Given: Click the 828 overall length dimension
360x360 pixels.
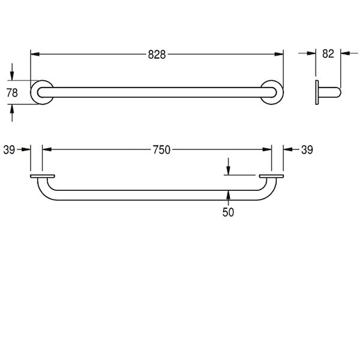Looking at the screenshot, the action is tap(157, 55).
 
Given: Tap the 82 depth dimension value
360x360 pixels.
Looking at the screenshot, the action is tap(328, 54).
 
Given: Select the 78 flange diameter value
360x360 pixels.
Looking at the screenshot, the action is tap(12, 93).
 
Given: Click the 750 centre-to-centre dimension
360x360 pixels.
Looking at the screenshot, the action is tap(161, 150).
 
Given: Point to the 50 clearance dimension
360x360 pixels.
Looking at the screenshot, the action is tap(228, 212).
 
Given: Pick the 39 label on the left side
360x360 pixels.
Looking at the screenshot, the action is tap(9, 150).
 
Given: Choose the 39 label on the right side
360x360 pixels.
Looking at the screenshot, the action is tap(307, 150).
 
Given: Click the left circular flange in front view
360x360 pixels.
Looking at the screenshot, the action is tap(32, 92).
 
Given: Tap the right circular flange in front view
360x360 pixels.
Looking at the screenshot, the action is tap(282, 92).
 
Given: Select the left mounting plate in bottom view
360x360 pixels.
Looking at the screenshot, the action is tap(43, 176).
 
